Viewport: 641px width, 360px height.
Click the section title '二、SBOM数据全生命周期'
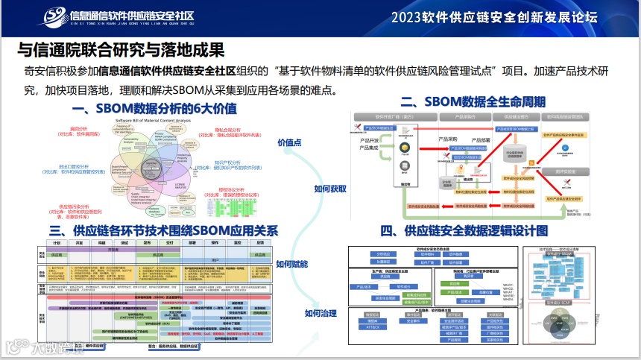pyautogui.click(x=473, y=101)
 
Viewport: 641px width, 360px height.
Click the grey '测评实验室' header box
pyautogui.click(x=568, y=171)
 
